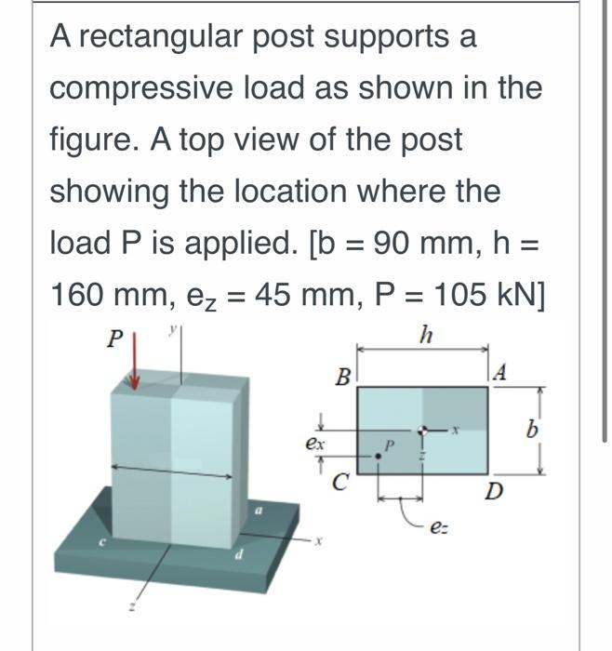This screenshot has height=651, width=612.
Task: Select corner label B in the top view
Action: coord(343,378)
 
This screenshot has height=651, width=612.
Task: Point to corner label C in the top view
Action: coord(341,482)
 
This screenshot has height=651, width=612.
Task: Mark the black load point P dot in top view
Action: coord(378,455)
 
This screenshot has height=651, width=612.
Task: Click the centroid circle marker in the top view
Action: coord(423,431)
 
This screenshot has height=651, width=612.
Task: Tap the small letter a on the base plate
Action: coord(262,511)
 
